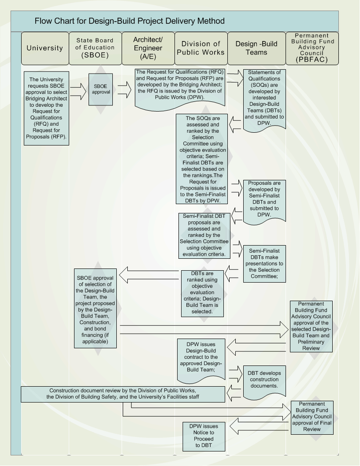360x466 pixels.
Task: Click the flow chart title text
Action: coord(130,21)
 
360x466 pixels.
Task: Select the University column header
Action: coord(45,48)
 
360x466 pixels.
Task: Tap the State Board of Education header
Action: coord(95,48)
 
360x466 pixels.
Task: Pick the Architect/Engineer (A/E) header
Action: coord(148,48)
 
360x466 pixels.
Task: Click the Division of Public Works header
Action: coord(201,48)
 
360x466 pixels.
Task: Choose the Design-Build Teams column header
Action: coord(256,48)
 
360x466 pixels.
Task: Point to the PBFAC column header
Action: coord(312,48)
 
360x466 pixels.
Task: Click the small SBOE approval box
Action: coord(101,89)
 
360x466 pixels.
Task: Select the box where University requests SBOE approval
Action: coord(46,108)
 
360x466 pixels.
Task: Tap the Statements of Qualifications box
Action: coord(264,100)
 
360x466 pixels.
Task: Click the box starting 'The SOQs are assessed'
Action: coord(202,159)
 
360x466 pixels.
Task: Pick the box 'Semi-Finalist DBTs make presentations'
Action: coord(264,264)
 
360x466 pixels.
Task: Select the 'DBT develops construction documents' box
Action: coord(264,381)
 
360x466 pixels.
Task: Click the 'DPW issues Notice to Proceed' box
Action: coord(204,436)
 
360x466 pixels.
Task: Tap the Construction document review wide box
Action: coord(122,394)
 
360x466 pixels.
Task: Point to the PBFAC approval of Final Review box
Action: coord(312,418)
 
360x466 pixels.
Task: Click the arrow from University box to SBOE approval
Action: coord(78,92)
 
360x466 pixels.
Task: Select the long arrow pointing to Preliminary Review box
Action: coord(204,330)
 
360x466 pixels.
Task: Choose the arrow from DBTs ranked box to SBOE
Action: coord(149,275)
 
